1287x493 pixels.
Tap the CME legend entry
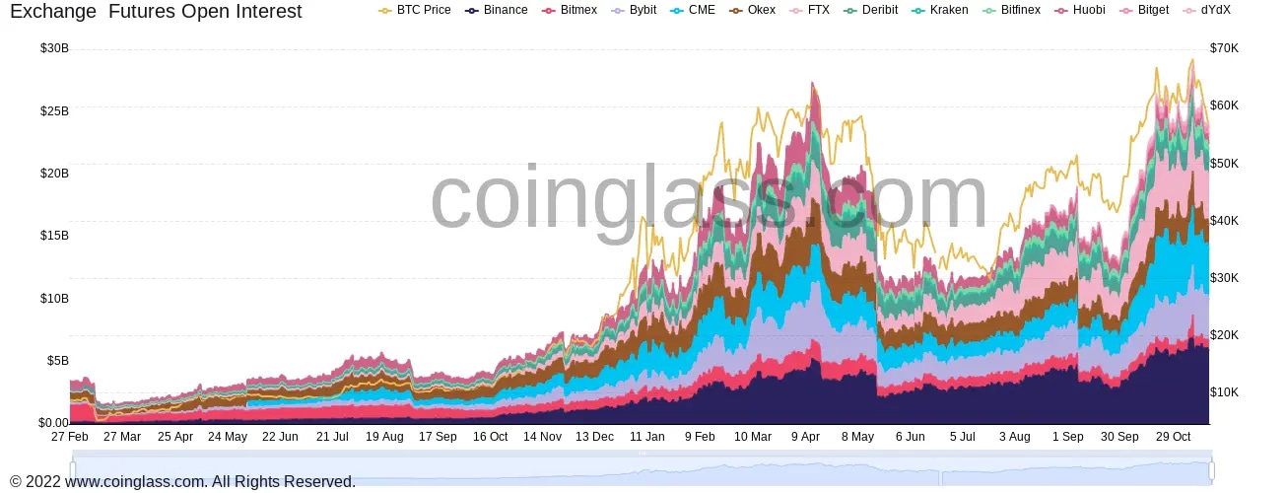(695, 10)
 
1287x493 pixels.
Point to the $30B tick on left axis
(54, 48)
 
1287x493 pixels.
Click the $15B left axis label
(54, 236)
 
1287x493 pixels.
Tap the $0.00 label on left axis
(53, 423)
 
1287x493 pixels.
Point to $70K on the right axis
(1225, 48)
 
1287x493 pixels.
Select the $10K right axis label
(1225, 392)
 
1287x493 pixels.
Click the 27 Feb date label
(70, 437)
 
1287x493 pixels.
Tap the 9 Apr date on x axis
(805, 437)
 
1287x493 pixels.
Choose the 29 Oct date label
(1173, 437)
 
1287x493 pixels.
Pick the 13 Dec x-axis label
(594, 437)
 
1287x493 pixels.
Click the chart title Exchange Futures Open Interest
(156, 12)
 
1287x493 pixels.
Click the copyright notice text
(182, 482)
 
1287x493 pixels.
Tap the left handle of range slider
(73, 470)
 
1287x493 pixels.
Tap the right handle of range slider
(1211, 470)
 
